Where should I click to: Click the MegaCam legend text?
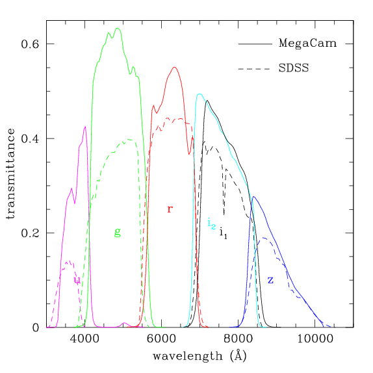pyautogui.click(x=307, y=44)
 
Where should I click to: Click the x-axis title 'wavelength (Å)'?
pyautogui.click(x=199, y=357)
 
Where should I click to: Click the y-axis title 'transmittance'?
pyautogui.click(x=11, y=174)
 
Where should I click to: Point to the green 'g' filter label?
pyautogui.click(x=117, y=231)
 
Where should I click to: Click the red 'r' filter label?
pyautogui.click(x=170, y=209)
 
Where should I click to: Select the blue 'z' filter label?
pyautogui.click(x=270, y=279)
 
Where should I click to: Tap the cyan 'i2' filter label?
pyautogui.click(x=211, y=224)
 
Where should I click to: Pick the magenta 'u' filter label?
pyautogui.click(x=77, y=280)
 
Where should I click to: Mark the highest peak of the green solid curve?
pyautogui.click(x=117, y=28)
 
